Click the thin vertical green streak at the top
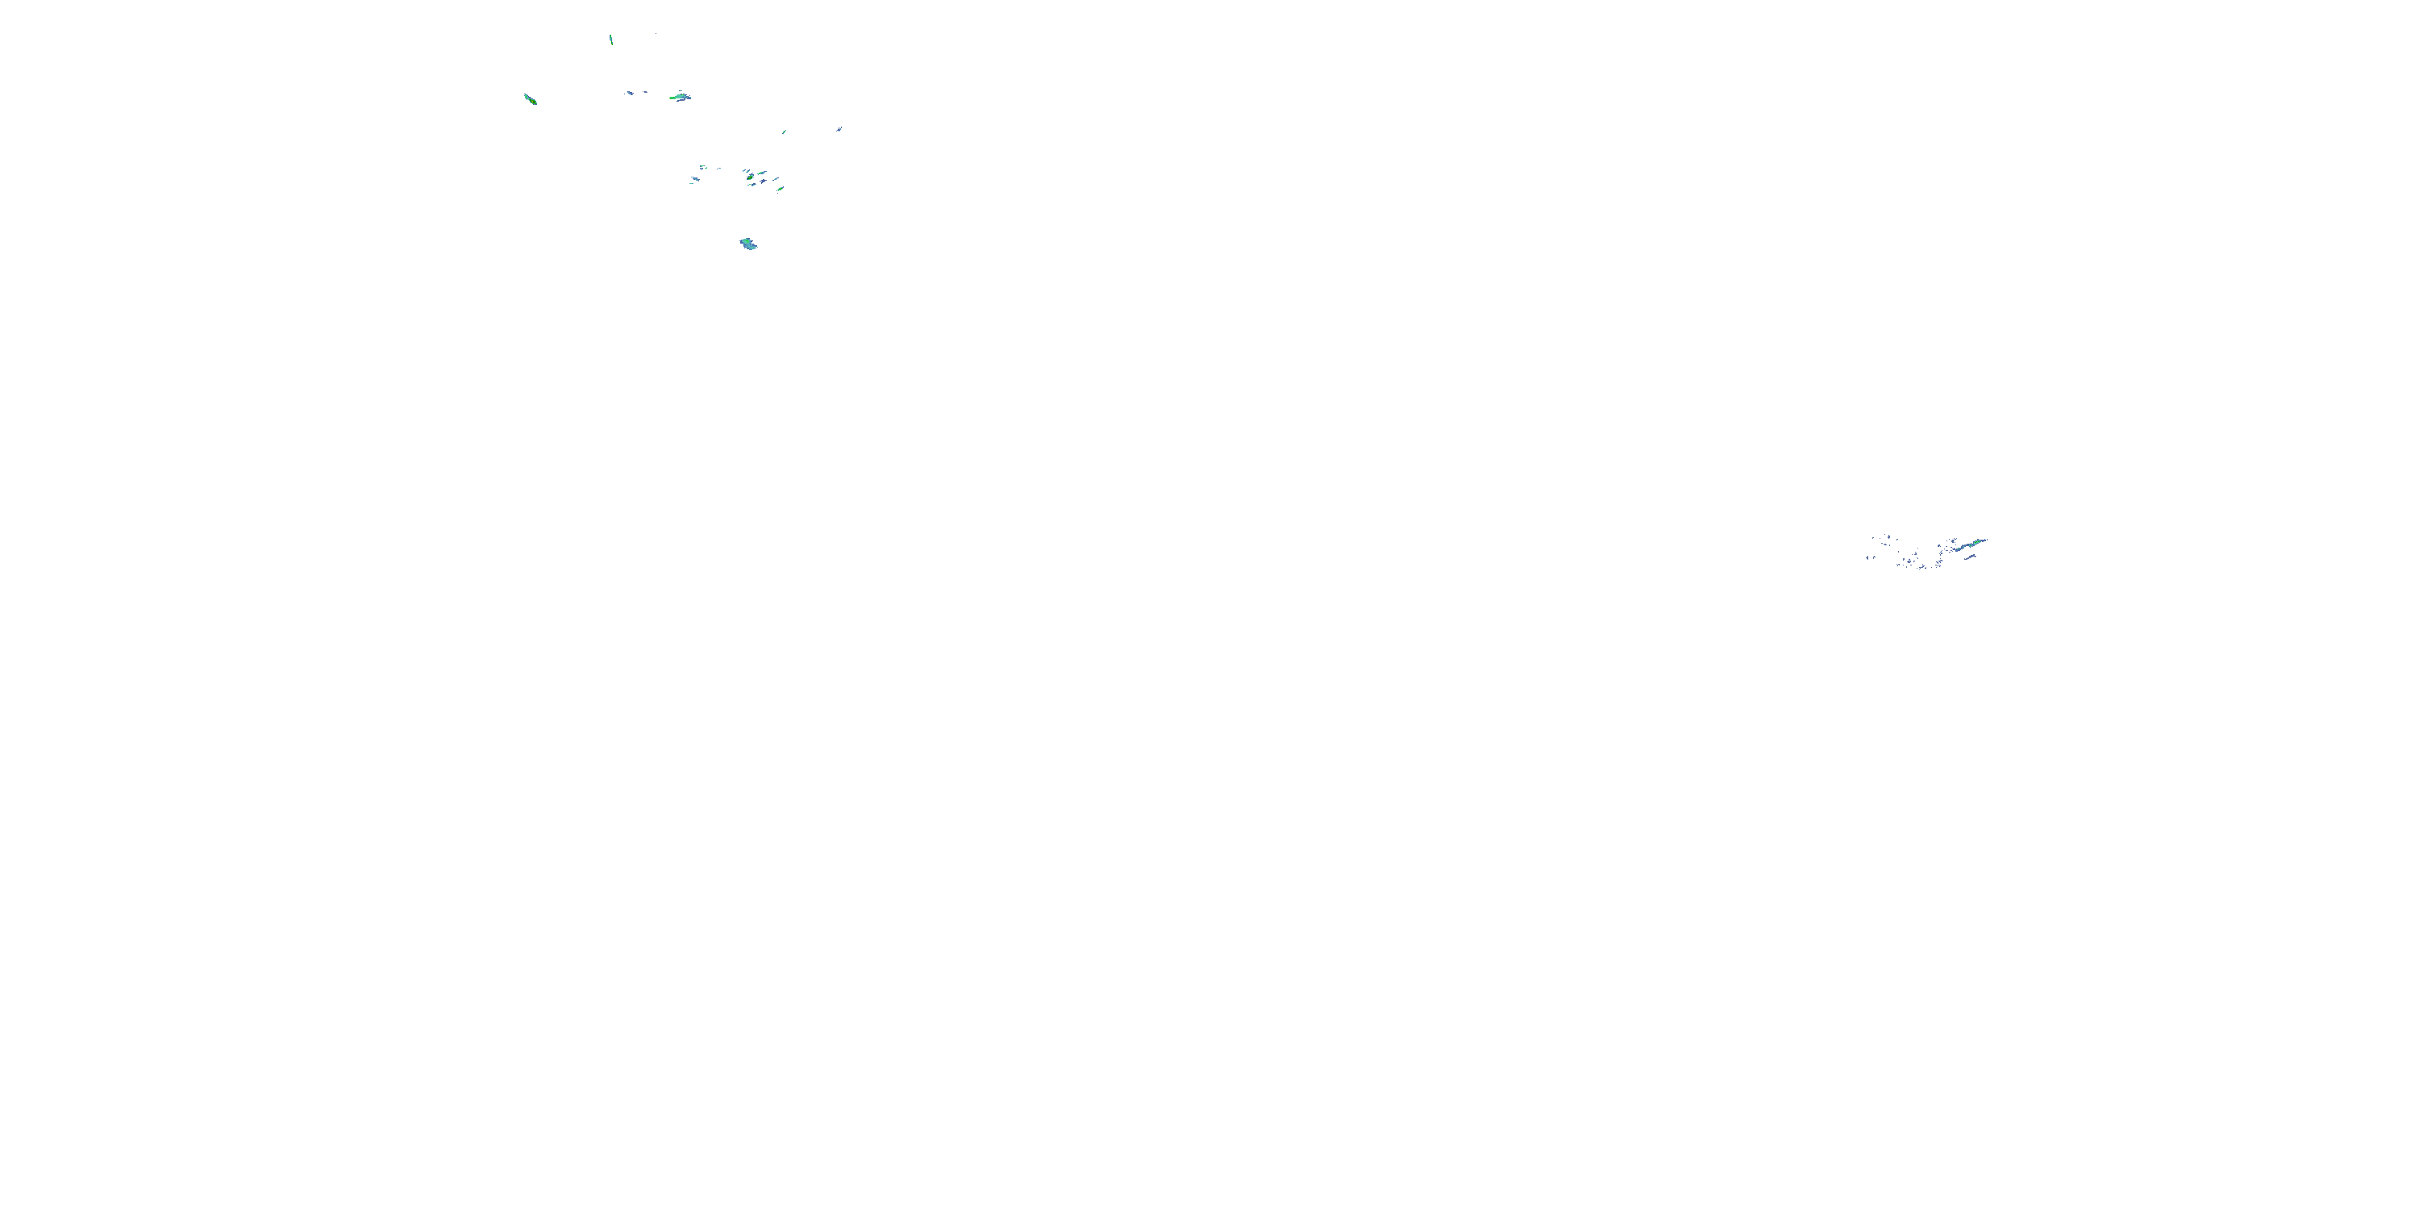(x=610, y=39)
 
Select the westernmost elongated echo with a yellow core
(x=531, y=98)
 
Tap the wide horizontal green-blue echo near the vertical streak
(x=681, y=97)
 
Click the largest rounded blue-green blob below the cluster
(x=748, y=244)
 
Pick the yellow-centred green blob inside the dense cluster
(x=751, y=177)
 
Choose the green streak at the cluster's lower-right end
(x=781, y=189)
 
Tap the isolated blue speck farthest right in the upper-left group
(x=839, y=130)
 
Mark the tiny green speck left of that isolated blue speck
(x=784, y=132)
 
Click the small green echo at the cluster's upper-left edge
(x=702, y=166)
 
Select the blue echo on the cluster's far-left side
(x=696, y=179)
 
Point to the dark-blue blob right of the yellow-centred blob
(x=764, y=181)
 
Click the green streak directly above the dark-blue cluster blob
(x=761, y=173)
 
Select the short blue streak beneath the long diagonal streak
(x=1970, y=557)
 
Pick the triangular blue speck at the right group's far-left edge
(x=1867, y=558)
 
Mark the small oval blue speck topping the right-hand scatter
(x=1889, y=537)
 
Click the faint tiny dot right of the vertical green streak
(x=656, y=35)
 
